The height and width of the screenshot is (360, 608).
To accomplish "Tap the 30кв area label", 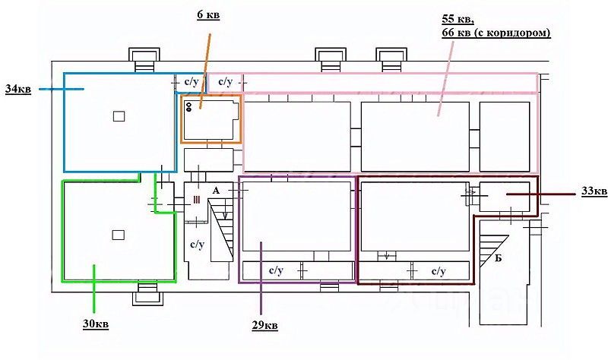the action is click(x=95, y=325).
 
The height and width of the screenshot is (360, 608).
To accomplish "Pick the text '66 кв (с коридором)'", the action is click(x=496, y=33).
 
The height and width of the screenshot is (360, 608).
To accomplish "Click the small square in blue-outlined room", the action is click(x=118, y=116).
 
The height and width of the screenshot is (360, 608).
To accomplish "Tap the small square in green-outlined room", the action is click(x=118, y=235).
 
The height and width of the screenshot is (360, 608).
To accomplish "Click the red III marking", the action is click(x=196, y=199).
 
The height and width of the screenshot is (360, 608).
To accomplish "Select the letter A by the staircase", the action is click(x=217, y=191).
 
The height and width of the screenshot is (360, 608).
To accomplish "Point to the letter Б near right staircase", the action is click(x=499, y=257).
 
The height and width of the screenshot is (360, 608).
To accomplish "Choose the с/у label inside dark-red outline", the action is click(x=438, y=270).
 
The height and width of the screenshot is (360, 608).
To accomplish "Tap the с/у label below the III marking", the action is click(x=197, y=245).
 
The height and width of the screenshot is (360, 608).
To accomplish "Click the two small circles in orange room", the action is click(x=188, y=107).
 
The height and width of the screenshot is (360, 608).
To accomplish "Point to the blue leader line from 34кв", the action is click(x=61, y=90).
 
